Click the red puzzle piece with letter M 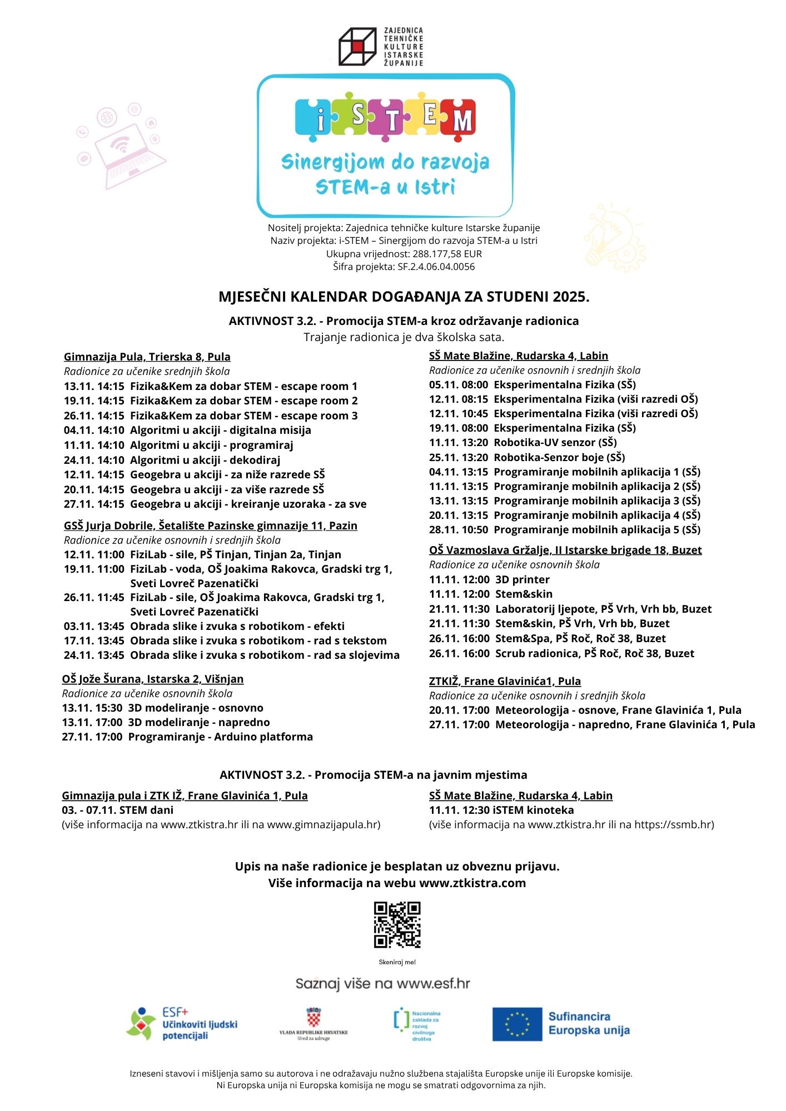point(459,117)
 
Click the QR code point(397,925)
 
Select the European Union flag point(516,1024)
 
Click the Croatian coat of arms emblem point(314,1017)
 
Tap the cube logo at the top point(357,47)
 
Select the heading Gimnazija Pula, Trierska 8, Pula point(147,357)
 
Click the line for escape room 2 point(211,401)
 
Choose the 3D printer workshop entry point(489,579)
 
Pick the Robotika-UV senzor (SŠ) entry point(523,442)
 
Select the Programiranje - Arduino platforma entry point(187,737)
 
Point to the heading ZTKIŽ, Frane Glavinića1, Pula point(505,681)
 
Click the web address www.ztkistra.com point(472,883)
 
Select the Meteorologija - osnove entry point(585,710)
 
